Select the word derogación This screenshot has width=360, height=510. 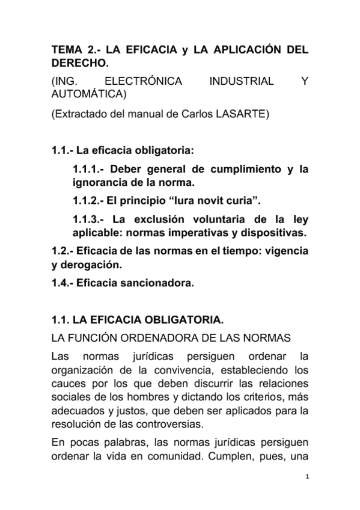[94, 264]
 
